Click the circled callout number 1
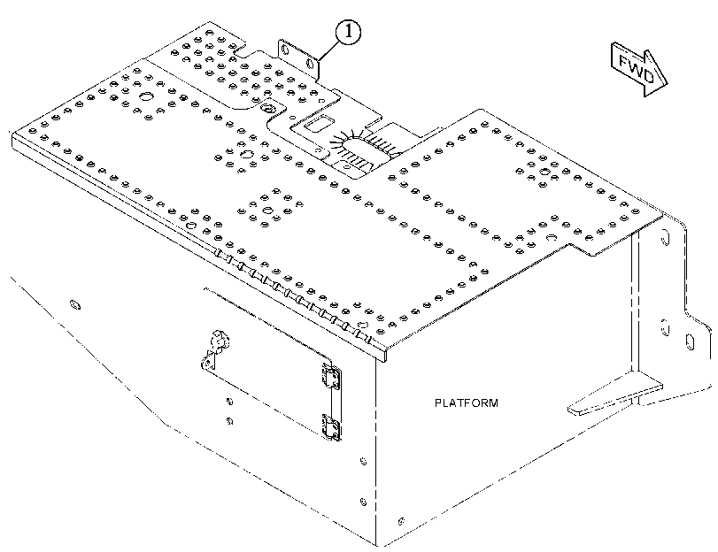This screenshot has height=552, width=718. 349,32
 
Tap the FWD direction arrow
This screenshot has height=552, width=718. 639,70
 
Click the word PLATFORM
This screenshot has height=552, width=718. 467,403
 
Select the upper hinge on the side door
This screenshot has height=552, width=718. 331,376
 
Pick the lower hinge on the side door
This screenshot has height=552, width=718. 331,427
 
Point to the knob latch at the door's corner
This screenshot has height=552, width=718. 219,341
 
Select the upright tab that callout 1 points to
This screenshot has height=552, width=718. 298,58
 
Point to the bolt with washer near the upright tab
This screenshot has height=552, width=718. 267,109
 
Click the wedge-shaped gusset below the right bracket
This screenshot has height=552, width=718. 615,394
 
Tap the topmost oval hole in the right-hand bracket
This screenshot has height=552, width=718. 667,239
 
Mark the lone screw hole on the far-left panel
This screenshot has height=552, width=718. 74,304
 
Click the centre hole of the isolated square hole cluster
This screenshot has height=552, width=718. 268,211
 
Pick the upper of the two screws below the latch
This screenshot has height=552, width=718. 229,402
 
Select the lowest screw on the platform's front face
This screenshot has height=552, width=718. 401,521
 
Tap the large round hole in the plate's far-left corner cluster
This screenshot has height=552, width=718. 147,97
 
